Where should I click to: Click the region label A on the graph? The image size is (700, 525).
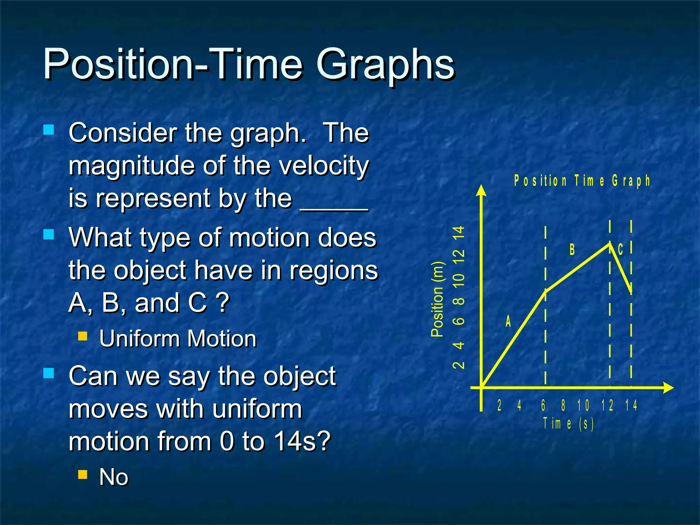[508, 322]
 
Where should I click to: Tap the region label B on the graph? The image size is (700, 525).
[572, 250]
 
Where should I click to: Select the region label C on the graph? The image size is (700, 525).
[621, 250]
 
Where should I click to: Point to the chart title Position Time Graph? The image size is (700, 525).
[582, 180]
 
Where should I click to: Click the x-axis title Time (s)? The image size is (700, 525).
[568, 423]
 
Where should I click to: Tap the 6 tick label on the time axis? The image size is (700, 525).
[543, 405]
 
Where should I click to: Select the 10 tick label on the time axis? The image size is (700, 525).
[583, 405]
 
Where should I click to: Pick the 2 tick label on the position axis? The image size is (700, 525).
[459, 365]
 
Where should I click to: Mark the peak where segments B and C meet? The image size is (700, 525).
[610, 243]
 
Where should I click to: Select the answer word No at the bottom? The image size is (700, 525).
[113, 477]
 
